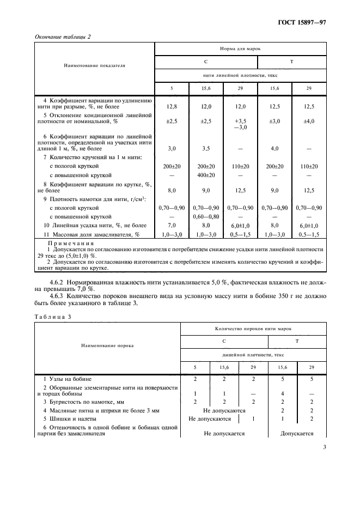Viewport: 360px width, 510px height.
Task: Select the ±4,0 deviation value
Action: point(309,122)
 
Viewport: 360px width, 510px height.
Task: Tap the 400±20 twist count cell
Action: point(206,175)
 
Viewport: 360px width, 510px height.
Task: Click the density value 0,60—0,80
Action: point(206,216)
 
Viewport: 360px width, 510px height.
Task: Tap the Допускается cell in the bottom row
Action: point(297,434)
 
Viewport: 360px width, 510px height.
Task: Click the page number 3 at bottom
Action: point(324,448)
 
